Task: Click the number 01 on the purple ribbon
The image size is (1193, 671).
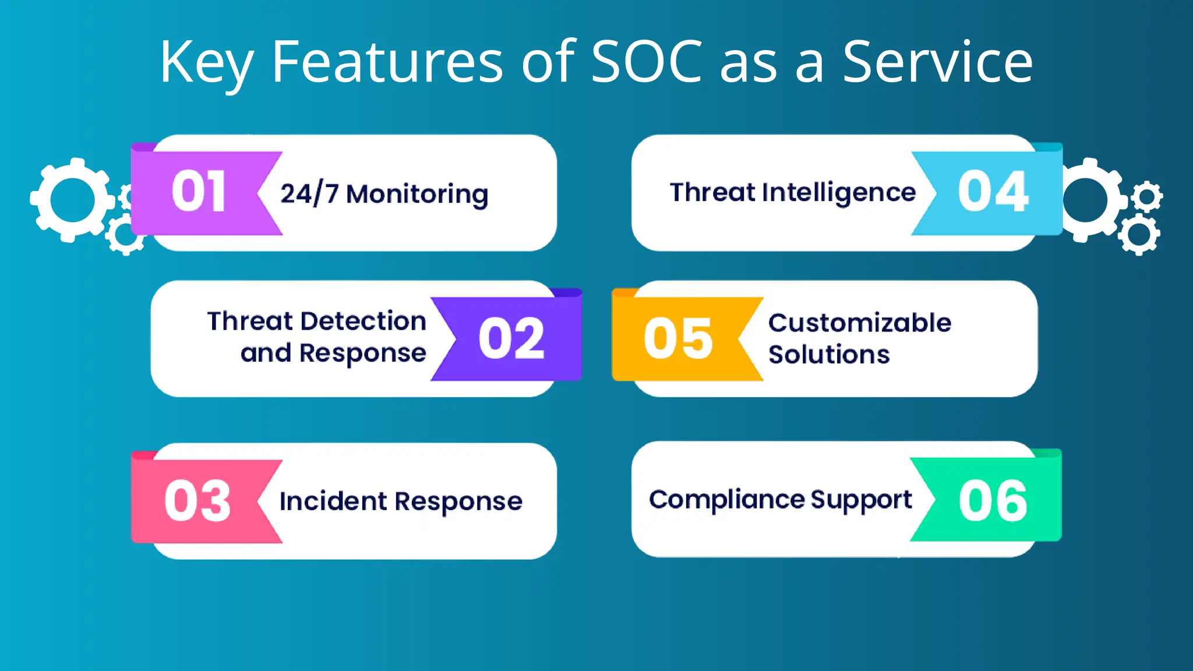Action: (198, 192)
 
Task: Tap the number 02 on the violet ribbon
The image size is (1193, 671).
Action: (511, 339)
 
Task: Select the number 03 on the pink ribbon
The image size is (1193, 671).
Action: (197, 501)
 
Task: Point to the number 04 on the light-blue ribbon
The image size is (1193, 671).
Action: (993, 192)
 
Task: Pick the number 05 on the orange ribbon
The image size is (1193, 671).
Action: (678, 339)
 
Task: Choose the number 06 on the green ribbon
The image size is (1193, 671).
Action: (993, 501)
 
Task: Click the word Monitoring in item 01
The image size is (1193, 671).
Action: (417, 195)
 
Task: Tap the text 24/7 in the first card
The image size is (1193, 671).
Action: (309, 193)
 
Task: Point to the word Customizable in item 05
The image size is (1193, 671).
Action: (859, 323)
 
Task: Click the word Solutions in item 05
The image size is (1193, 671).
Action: (829, 354)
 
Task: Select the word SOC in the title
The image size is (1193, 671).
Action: (647, 62)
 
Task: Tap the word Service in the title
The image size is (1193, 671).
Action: (937, 62)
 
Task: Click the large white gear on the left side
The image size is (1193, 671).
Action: (72, 199)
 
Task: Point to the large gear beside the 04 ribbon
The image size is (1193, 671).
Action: (1088, 199)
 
